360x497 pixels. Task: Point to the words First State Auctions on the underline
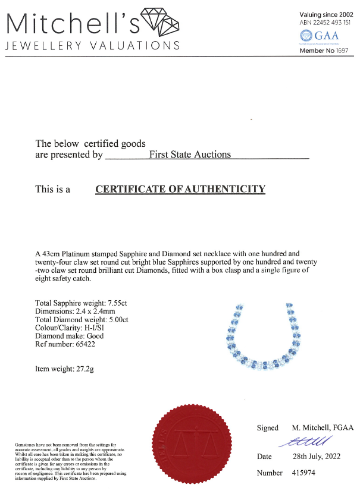189,155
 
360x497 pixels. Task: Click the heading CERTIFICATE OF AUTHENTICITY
180,190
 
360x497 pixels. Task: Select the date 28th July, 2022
317,457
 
